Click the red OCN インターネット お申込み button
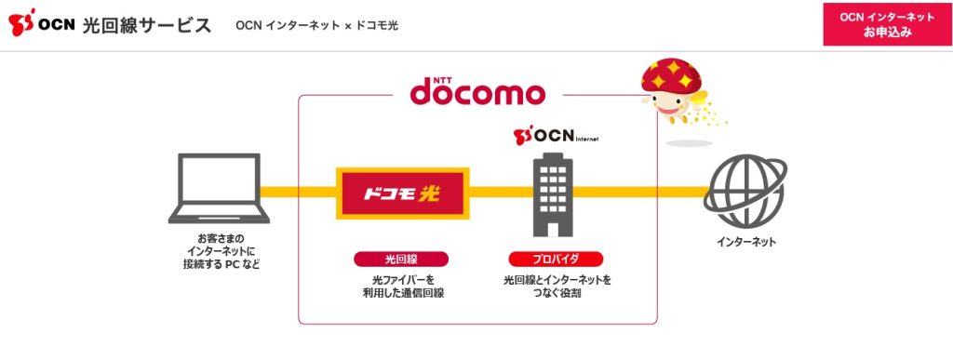pos(887,24)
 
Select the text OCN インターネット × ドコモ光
pos(317,25)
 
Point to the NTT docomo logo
pos(477,92)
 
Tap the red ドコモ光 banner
pos(401,193)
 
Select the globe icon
pos(745,190)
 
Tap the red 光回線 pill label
pos(401,259)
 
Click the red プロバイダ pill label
pos(556,259)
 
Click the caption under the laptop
pos(221,251)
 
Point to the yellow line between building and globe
pos(642,193)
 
